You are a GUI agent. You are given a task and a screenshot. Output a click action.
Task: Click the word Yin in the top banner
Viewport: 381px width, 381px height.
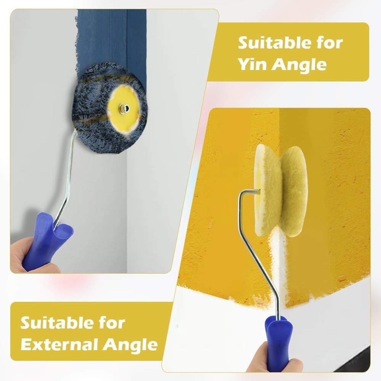coord(252,64)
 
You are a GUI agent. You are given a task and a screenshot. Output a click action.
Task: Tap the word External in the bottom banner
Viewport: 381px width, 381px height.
coord(60,344)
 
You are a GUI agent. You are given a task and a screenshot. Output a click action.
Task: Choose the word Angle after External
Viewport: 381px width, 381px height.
coord(130,345)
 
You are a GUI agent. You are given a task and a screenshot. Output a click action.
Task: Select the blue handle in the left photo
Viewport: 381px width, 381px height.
coord(49,238)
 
